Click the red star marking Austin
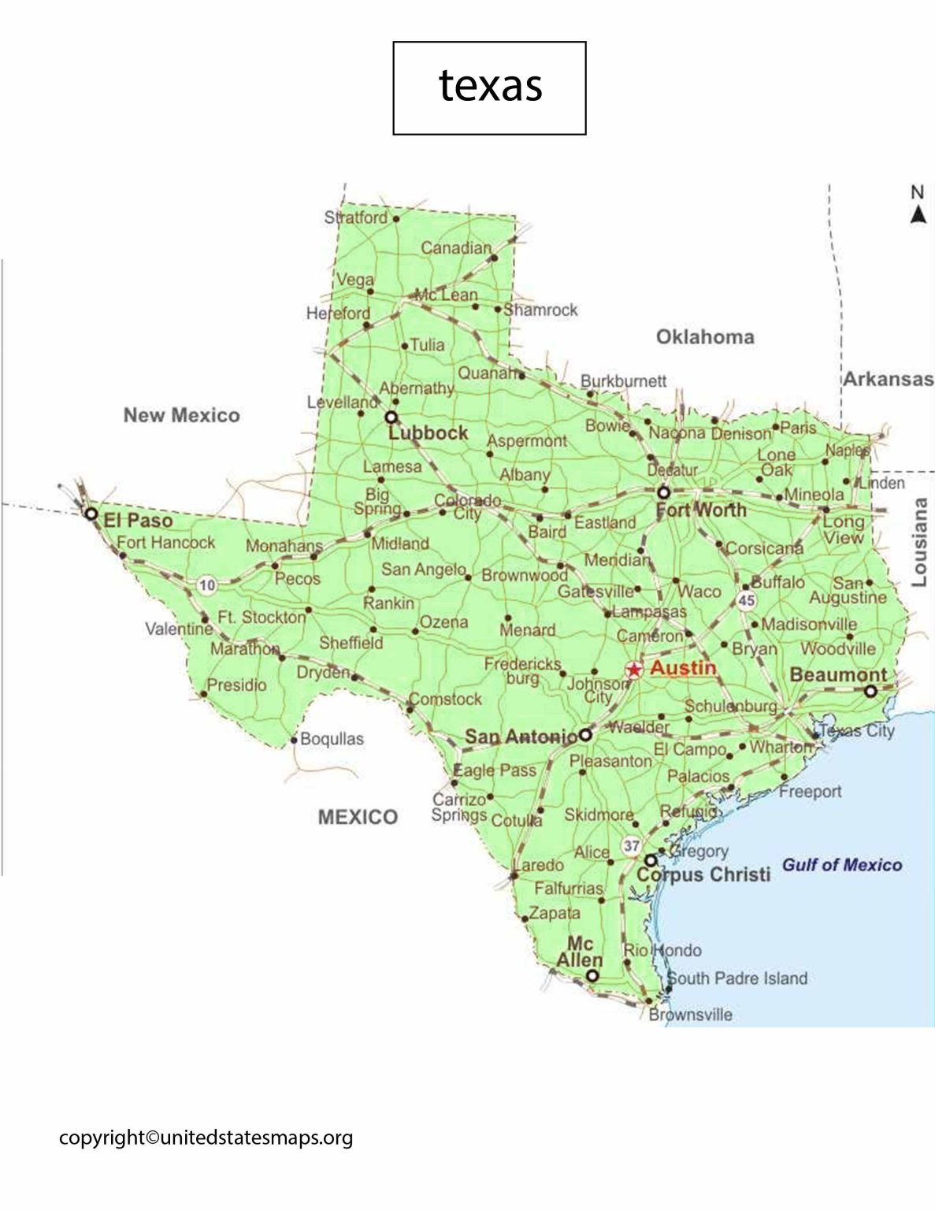[x=633, y=670]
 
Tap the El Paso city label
[x=138, y=520]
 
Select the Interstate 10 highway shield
[x=207, y=585]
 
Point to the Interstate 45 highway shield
[x=746, y=600]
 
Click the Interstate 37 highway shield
[x=631, y=846]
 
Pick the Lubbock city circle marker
[x=391, y=417]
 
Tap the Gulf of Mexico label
[x=841, y=865]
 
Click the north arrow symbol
[x=918, y=214]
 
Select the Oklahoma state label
[x=705, y=337]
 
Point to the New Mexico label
[x=181, y=415]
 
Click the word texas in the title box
[x=490, y=85]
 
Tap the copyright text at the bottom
[x=206, y=1138]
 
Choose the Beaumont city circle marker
[x=870, y=691]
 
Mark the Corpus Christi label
[x=703, y=874]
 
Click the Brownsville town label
[x=691, y=1015]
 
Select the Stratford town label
[x=356, y=217]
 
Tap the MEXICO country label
[x=358, y=817]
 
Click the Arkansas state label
[x=889, y=379]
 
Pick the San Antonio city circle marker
[x=585, y=735]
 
